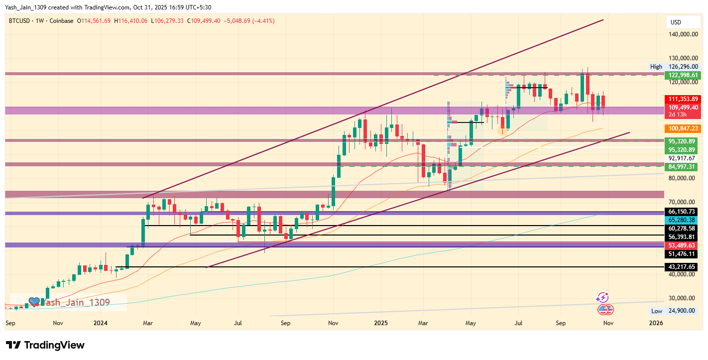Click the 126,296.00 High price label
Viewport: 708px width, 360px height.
683,66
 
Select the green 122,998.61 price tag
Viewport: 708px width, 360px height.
683,75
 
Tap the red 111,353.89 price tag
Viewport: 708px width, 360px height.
683,99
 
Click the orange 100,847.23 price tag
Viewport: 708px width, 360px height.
683,128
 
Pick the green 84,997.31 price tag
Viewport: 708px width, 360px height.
683,166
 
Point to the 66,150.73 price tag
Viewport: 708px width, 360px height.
683,212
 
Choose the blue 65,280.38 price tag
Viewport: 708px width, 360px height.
683,220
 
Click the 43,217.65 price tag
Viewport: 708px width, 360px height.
683,267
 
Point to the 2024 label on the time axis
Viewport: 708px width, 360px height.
101,323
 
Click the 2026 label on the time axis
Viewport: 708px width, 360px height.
656,323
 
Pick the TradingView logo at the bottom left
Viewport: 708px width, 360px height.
45,345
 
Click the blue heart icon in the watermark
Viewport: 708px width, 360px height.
34,302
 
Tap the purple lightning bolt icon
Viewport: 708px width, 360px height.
602,298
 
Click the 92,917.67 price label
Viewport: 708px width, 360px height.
683,158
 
